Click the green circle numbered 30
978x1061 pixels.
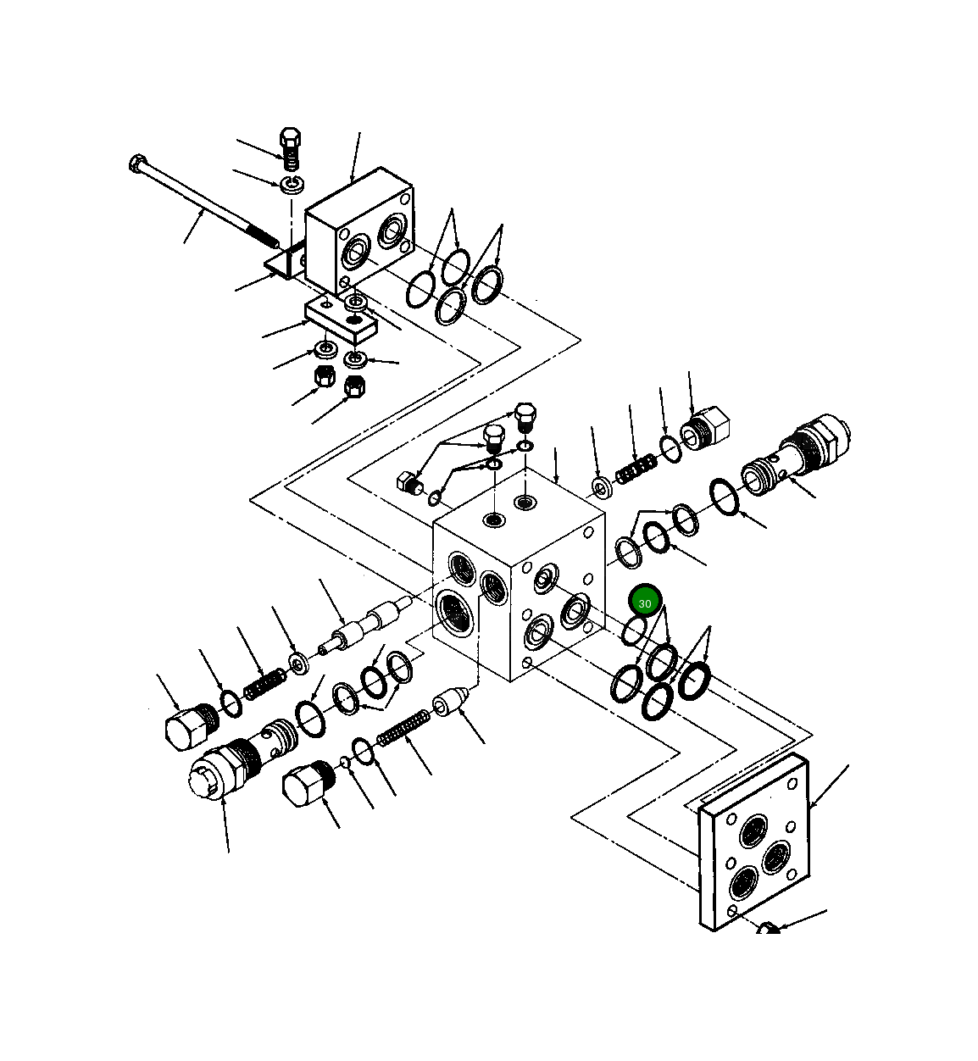(645, 603)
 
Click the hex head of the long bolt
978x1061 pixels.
(138, 163)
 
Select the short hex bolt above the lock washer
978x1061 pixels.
(290, 147)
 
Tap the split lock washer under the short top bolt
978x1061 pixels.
(292, 184)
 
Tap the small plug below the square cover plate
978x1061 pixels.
(767, 930)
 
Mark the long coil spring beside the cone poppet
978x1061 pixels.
(403, 728)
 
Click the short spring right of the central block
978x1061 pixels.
(636, 469)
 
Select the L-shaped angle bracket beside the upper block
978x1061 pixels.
(285, 261)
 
